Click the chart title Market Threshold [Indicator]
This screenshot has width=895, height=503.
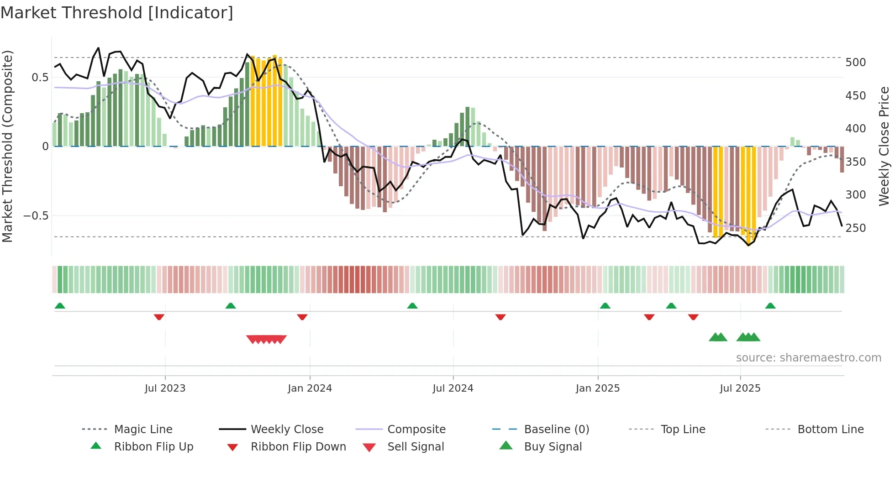point(117,13)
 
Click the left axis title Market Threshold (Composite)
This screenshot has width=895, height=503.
point(7,146)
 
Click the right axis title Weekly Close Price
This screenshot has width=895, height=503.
point(884,146)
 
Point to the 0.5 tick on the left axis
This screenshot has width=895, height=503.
point(40,78)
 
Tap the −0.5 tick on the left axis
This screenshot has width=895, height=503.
point(37,216)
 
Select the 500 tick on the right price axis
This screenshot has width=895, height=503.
point(855,63)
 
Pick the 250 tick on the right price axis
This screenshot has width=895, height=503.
point(855,228)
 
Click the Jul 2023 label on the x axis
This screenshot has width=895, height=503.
point(165,388)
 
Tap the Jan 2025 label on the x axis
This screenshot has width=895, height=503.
point(597,388)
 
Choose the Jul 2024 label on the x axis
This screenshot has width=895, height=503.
point(453,388)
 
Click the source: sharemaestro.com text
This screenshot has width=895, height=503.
point(808,358)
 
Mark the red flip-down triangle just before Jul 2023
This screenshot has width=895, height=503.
point(159,317)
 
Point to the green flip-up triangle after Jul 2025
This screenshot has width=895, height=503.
point(770,306)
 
